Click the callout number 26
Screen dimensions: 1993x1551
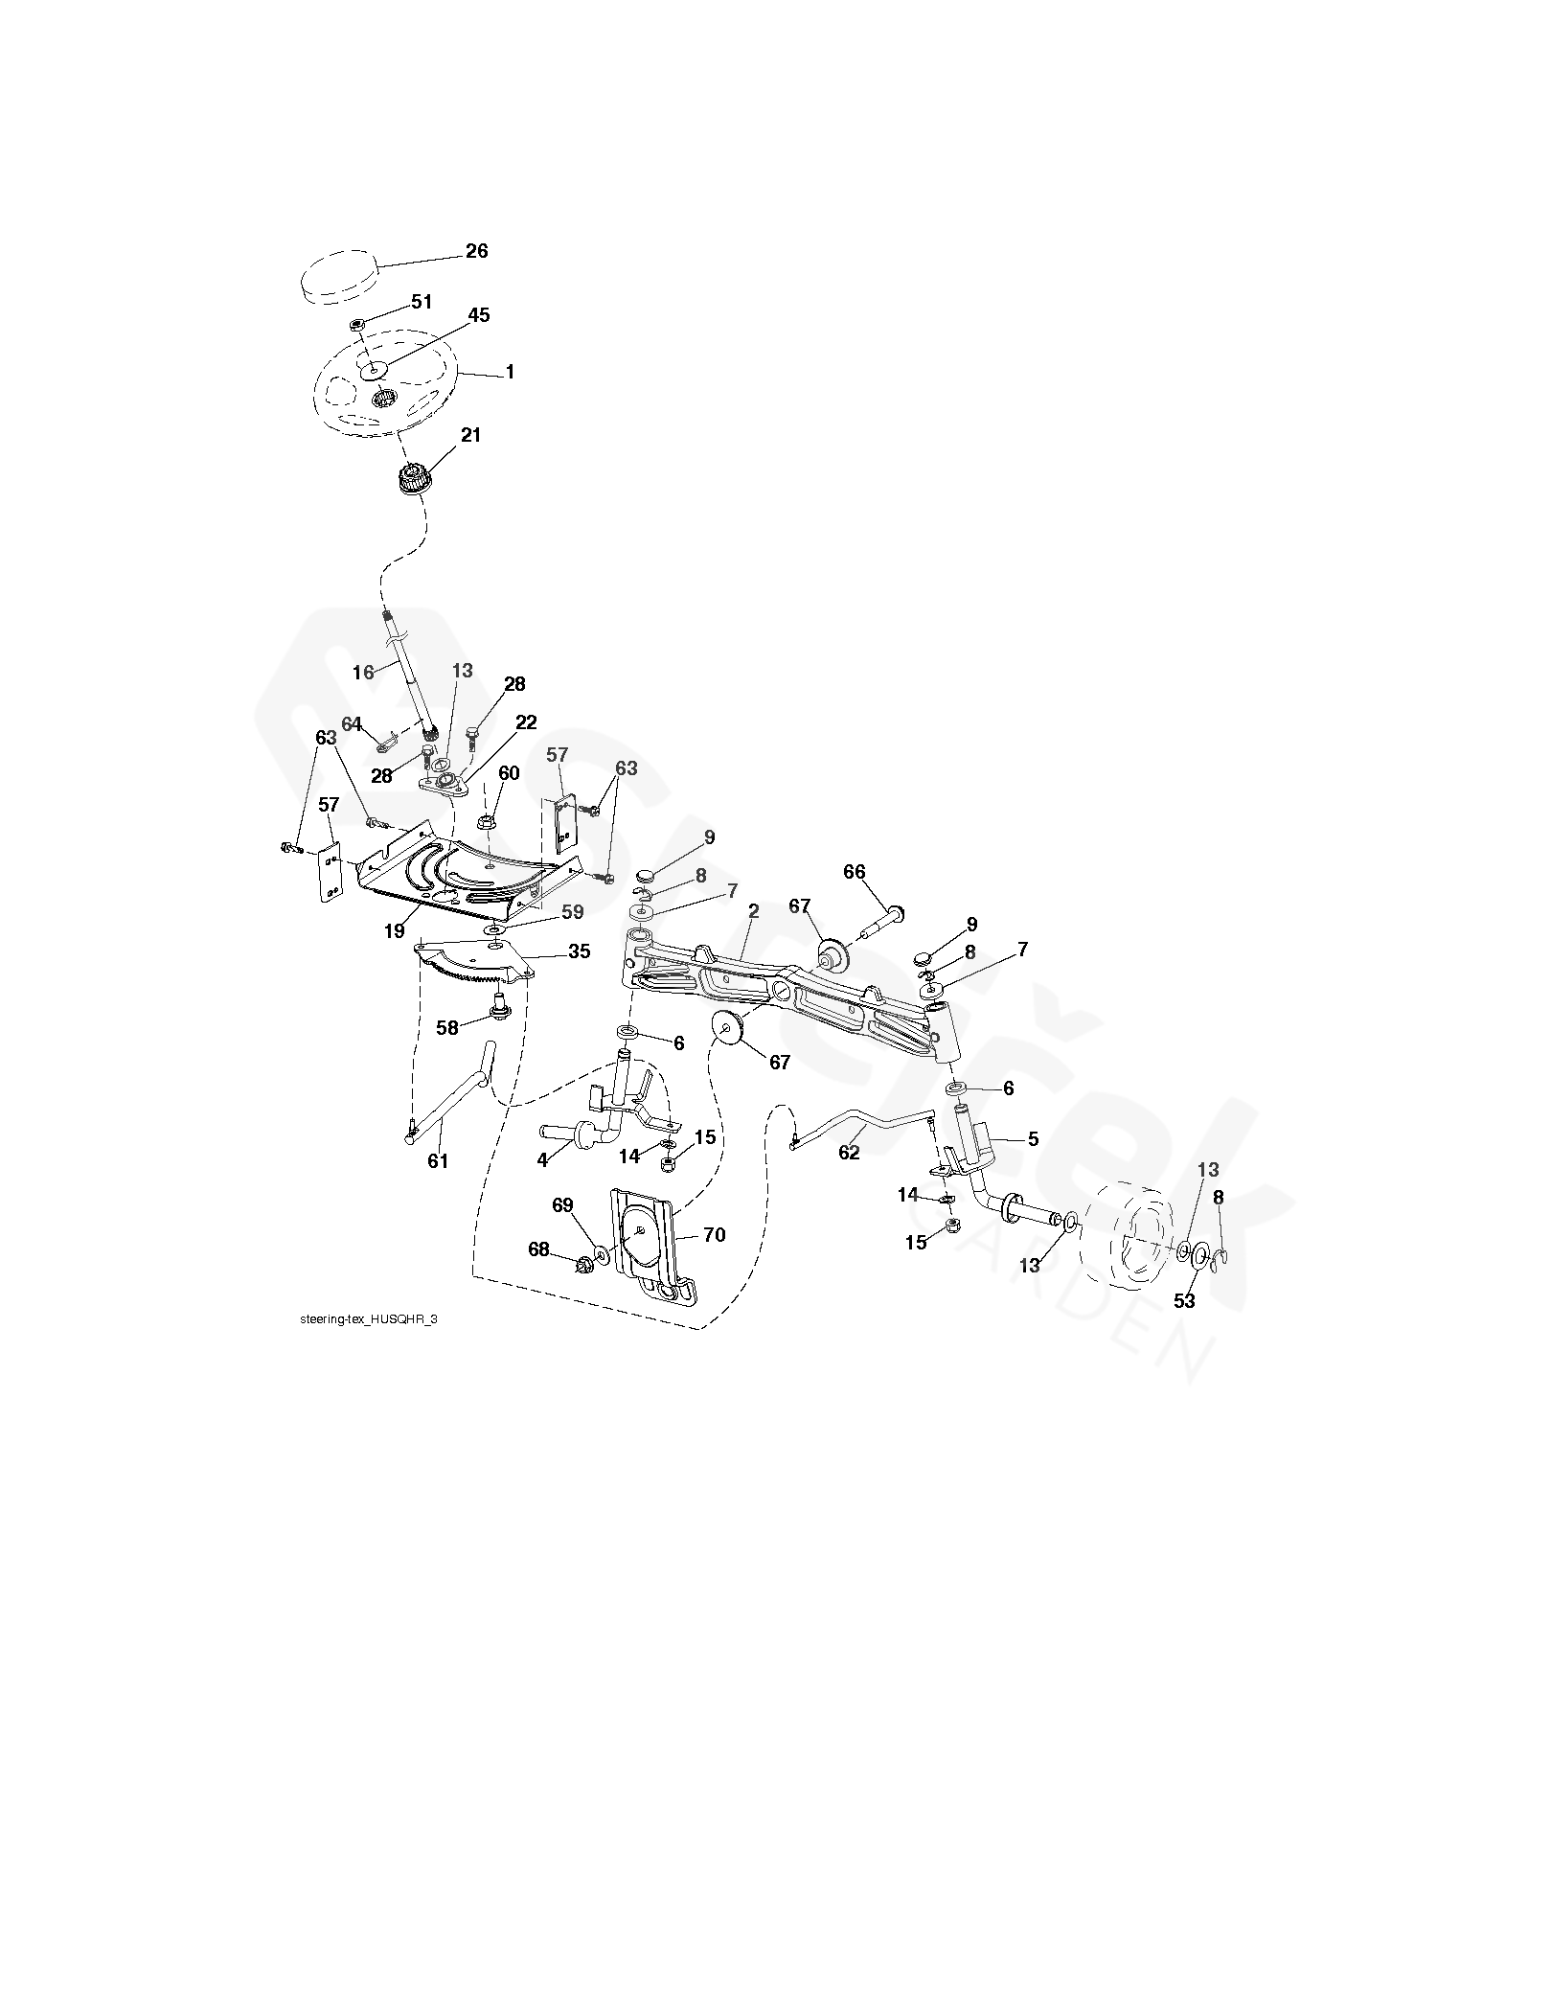(x=476, y=251)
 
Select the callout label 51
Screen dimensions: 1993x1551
(x=422, y=302)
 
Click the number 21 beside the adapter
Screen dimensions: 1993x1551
(x=470, y=435)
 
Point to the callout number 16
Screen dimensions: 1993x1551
(x=363, y=672)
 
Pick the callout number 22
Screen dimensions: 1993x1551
(x=526, y=722)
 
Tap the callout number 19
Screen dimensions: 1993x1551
(x=395, y=929)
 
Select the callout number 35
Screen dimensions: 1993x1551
(x=579, y=951)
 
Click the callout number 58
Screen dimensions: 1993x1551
(x=446, y=1027)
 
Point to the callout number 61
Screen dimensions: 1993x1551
(x=438, y=1161)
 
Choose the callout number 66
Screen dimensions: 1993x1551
(x=854, y=872)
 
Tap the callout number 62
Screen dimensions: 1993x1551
(x=850, y=1152)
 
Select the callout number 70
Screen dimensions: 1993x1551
(x=715, y=1235)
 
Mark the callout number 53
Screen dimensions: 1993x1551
(x=1185, y=1300)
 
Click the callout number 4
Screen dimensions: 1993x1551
(x=542, y=1160)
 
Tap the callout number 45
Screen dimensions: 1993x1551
(x=478, y=315)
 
